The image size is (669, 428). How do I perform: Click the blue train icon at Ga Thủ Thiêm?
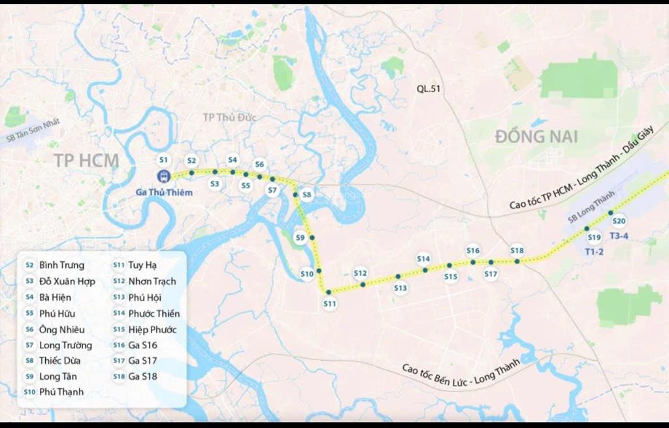point(163,176)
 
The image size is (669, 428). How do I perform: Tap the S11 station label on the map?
point(330,304)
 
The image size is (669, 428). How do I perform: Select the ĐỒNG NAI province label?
point(536,137)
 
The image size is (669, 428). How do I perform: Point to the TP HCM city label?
point(86,161)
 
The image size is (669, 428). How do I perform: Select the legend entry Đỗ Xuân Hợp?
point(67,281)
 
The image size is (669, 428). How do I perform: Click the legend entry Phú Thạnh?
point(61,392)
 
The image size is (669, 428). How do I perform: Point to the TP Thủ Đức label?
point(229,118)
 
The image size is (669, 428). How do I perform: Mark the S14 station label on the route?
point(423,259)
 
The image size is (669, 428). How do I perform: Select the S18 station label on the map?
point(517,250)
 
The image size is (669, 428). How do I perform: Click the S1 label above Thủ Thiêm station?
point(164,159)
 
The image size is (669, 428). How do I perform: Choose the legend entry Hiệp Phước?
point(152,329)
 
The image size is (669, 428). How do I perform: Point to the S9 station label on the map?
point(300,237)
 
